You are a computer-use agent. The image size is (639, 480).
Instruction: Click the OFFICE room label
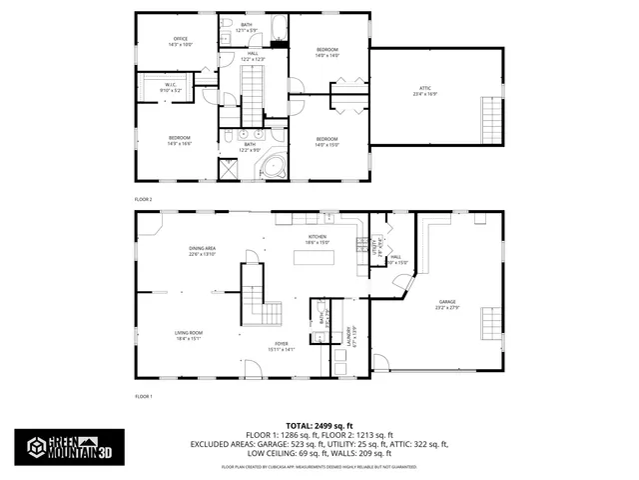[180, 42]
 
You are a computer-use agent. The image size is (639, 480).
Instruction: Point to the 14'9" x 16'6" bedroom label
[180, 141]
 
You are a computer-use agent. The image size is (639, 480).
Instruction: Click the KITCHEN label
[318, 239]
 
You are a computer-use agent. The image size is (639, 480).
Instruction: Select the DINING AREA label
[203, 251]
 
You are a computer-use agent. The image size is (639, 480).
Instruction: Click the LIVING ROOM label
[189, 335]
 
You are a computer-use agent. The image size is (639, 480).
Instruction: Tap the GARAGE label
[446, 304]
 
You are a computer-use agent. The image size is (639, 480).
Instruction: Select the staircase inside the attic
[491, 120]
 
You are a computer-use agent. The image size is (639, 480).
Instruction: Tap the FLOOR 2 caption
[144, 199]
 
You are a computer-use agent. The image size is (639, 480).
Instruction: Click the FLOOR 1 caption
[144, 396]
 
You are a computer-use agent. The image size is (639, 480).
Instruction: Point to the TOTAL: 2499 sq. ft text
[319, 425]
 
